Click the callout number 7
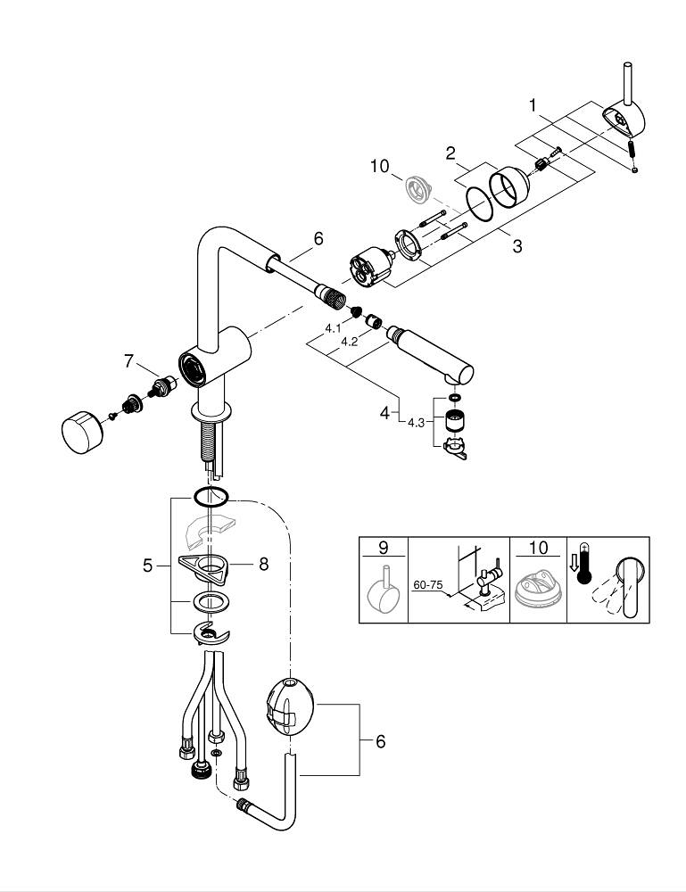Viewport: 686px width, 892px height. [x=128, y=360]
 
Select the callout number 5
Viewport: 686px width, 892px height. [x=148, y=565]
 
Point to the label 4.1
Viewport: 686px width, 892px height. [x=333, y=328]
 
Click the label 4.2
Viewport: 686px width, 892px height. [x=351, y=341]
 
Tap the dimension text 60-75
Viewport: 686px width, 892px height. [x=428, y=585]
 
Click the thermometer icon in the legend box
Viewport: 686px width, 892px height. [x=585, y=568]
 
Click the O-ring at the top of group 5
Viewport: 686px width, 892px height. [x=211, y=497]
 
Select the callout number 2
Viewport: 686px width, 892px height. [x=451, y=153]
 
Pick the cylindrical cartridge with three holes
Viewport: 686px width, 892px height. [x=369, y=265]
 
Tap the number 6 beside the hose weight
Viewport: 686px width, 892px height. [x=380, y=740]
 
